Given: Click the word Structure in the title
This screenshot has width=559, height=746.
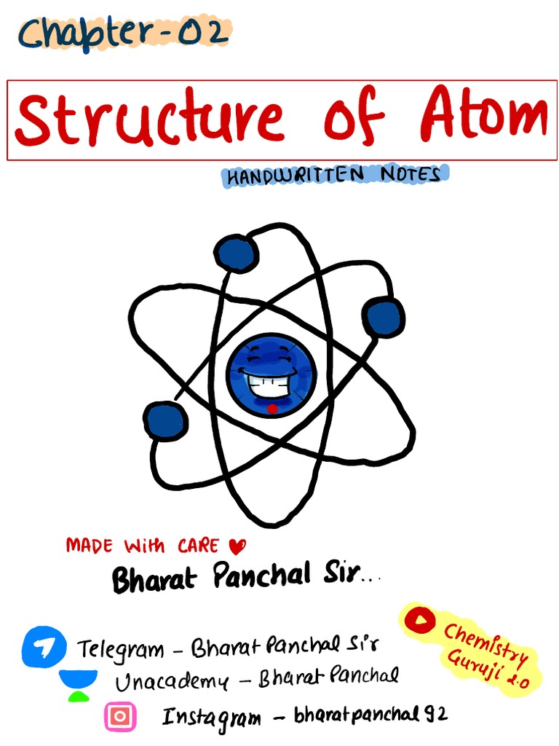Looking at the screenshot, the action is (149, 119).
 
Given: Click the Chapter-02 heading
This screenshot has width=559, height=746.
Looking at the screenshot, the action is (124, 34).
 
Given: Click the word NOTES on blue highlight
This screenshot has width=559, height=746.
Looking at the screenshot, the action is (411, 175).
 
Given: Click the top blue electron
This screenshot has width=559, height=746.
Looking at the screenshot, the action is (237, 253).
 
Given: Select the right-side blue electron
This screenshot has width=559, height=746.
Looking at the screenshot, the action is (384, 317).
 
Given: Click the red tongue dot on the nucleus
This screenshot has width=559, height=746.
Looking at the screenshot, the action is (272, 409).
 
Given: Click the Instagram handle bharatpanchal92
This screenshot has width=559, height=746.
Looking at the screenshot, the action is (370, 717).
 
